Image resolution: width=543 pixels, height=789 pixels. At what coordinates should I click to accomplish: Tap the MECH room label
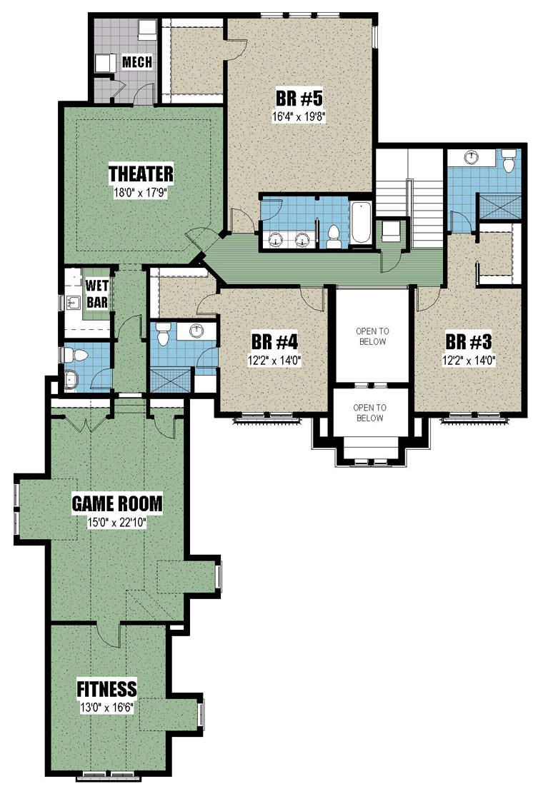pyautogui.click(x=137, y=62)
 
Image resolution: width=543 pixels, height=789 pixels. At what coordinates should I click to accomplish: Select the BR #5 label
pyautogui.click(x=299, y=98)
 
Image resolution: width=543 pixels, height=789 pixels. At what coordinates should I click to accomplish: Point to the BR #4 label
pyautogui.click(x=274, y=342)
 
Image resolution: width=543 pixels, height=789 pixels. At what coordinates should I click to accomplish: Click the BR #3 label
pyautogui.click(x=469, y=342)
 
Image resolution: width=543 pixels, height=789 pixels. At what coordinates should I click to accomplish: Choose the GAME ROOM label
pyautogui.click(x=117, y=503)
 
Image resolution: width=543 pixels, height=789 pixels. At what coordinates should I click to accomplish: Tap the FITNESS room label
pyautogui.click(x=106, y=688)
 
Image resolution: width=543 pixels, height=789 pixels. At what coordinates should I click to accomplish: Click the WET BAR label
pyautogui.click(x=96, y=294)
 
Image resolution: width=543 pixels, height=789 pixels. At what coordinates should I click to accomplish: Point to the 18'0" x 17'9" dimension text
pyautogui.click(x=141, y=192)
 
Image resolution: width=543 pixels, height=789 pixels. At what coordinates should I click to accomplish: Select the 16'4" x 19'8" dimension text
pyautogui.click(x=299, y=116)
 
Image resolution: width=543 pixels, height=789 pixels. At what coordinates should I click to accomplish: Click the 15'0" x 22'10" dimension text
pyautogui.click(x=116, y=523)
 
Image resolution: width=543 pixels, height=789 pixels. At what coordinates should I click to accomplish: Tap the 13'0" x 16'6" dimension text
pyautogui.click(x=106, y=708)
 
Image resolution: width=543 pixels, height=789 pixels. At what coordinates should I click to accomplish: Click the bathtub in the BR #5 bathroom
pyautogui.click(x=360, y=222)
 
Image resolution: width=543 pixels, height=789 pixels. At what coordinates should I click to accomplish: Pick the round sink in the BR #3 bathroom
pyautogui.click(x=472, y=157)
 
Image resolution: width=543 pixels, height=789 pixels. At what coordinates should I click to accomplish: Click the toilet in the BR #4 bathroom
pyautogui.click(x=162, y=334)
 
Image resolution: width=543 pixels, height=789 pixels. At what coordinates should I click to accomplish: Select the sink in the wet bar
pyautogui.click(x=74, y=302)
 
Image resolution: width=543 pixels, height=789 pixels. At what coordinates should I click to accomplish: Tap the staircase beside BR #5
pyautogui.click(x=409, y=198)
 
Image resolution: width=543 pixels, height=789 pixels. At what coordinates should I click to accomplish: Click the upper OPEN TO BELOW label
pyautogui.click(x=372, y=336)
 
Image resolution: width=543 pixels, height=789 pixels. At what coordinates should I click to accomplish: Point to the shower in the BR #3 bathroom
pyautogui.click(x=498, y=206)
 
